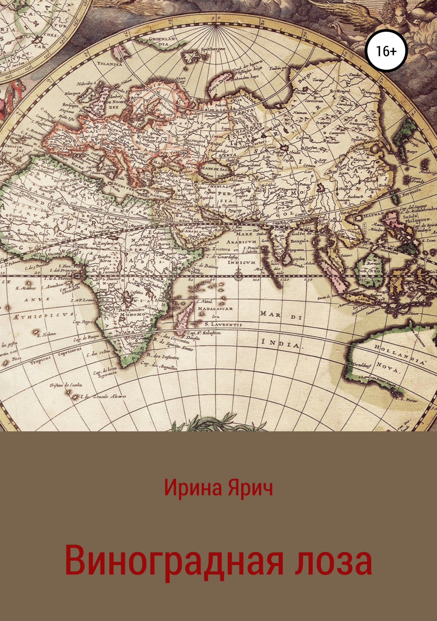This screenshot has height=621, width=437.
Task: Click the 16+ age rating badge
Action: pyautogui.click(x=386, y=51)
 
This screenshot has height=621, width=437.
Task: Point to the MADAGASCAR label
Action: pyautogui.click(x=215, y=308)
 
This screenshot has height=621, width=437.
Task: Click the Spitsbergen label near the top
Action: pyautogui.click(x=213, y=49)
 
